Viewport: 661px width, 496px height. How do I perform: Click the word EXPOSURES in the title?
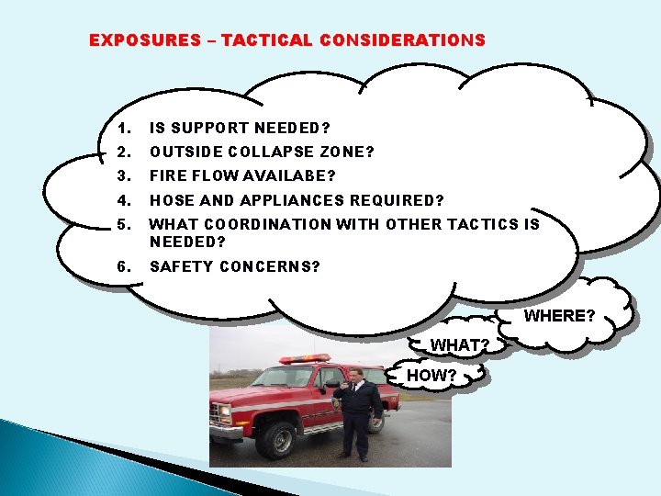(144, 40)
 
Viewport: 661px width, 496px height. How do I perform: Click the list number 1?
(125, 128)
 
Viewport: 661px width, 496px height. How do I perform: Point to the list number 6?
(125, 266)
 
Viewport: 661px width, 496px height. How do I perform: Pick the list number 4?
(125, 200)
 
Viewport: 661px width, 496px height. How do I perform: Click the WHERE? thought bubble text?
(559, 316)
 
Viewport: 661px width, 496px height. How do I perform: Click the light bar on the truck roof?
(304, 358)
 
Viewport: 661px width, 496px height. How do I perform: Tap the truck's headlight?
(224, 411)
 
